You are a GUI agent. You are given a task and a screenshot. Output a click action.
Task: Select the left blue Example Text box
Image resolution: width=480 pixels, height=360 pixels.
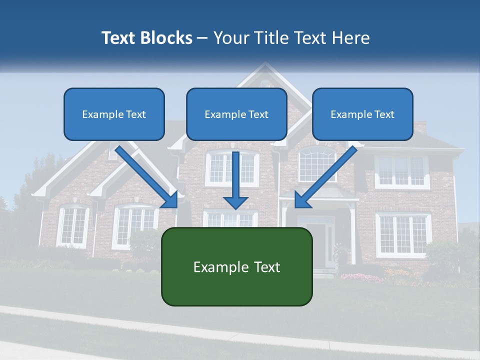coord(114,114)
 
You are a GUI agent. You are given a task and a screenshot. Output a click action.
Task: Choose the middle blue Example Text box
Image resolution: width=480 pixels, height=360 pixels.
coord(236,114)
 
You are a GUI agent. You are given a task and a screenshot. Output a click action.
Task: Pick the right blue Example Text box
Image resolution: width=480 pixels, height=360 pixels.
coord(362,114)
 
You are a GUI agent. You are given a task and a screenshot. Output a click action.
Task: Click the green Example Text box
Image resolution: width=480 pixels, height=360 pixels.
coord(236,266)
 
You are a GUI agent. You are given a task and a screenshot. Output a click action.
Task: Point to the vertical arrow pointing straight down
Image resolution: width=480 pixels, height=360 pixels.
coord(235,180)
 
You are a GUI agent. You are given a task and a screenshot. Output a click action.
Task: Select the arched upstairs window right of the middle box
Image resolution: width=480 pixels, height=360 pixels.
coord(317,164)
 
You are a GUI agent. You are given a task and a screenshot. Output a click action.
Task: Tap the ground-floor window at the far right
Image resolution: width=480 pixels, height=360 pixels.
coord(403,234)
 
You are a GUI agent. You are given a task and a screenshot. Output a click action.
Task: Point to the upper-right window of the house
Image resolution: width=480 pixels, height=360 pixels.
coord(402,171)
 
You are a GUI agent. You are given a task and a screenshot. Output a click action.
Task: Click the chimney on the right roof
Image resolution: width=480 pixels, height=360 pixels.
coord(419,127)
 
